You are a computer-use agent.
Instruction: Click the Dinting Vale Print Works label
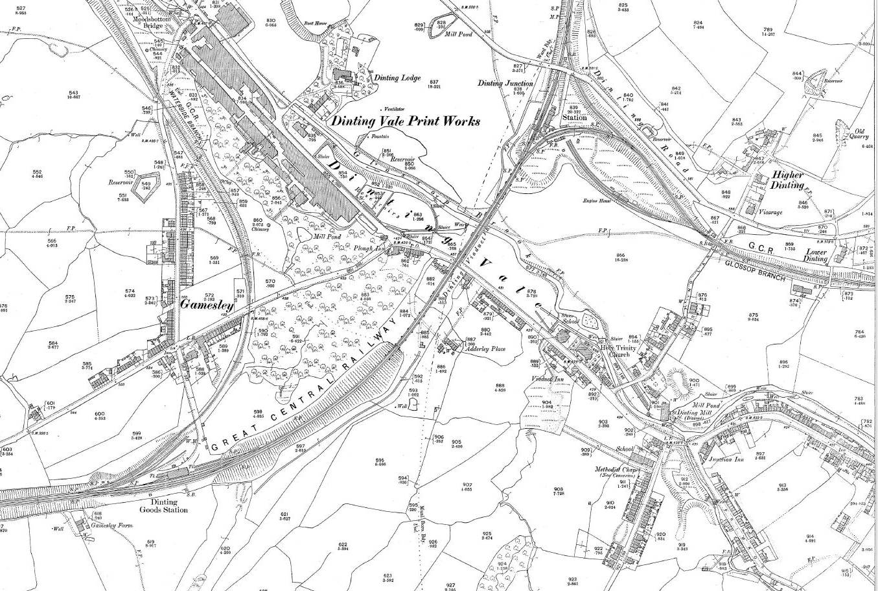point(406,121)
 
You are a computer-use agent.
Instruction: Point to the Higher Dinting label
point(787,180)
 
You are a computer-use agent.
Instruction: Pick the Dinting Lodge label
point(397,77)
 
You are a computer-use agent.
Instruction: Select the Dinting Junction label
point(505,83)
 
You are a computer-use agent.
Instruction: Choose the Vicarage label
point(769,212)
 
